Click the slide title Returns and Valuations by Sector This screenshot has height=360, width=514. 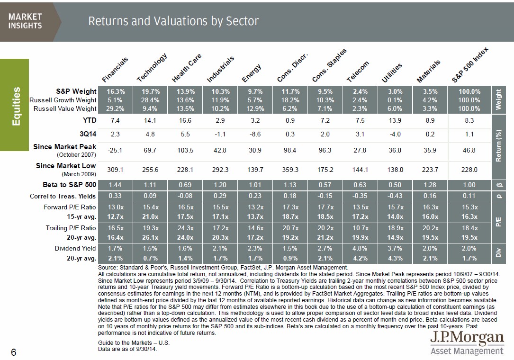173,21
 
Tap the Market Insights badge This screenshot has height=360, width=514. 25,21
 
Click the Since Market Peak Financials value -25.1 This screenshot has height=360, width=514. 115,150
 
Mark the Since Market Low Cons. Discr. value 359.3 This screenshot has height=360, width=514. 290,169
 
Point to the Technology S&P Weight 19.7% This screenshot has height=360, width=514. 150,91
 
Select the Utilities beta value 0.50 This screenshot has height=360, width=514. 395,184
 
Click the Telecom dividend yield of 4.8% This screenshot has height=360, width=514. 360,248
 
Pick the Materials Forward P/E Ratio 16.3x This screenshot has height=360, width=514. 430,207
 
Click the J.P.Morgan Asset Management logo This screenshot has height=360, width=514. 467,343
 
